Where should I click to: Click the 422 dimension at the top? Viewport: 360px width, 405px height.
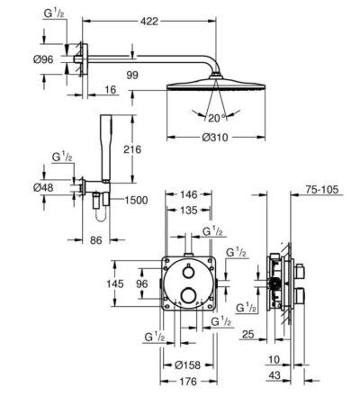pyautogui.click(x=149, y=22)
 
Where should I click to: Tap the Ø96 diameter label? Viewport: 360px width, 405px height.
pyautogui.click(x=43, y=59)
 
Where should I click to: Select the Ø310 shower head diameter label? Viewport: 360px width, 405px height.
pyautogui.click(x=215, y=138)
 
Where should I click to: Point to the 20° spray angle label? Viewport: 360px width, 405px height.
pyautogui.click(x=217, y=118)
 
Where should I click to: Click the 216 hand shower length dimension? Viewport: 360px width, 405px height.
pyautogui.click(x=132, y=149)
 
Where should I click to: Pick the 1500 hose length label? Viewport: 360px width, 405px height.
pyautogui.click(x=136, y=200)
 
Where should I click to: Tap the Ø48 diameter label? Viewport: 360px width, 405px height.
pyautogui.click(x=43, y=188)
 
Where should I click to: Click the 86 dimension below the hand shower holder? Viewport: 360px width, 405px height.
pyautogui.click(x=96, y=240)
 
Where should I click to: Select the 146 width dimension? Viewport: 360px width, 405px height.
pyautogui.click(x=189, y=194)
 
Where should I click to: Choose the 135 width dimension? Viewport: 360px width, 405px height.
pyautogui.click(x=189, y=211)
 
